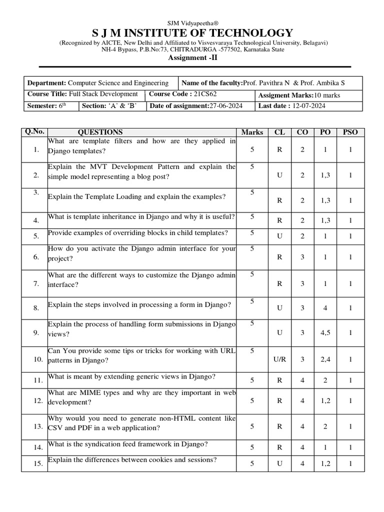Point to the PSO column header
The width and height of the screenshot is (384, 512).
point(350,132)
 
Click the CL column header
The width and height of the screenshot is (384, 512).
point(279,132)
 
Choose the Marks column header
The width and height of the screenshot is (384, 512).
point(252,132)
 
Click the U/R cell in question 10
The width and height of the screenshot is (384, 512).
point(279,359)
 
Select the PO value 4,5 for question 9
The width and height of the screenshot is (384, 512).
point(325,332)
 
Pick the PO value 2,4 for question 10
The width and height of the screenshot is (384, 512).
point(325,359)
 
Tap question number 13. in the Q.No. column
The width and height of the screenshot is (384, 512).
point(36,426)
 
